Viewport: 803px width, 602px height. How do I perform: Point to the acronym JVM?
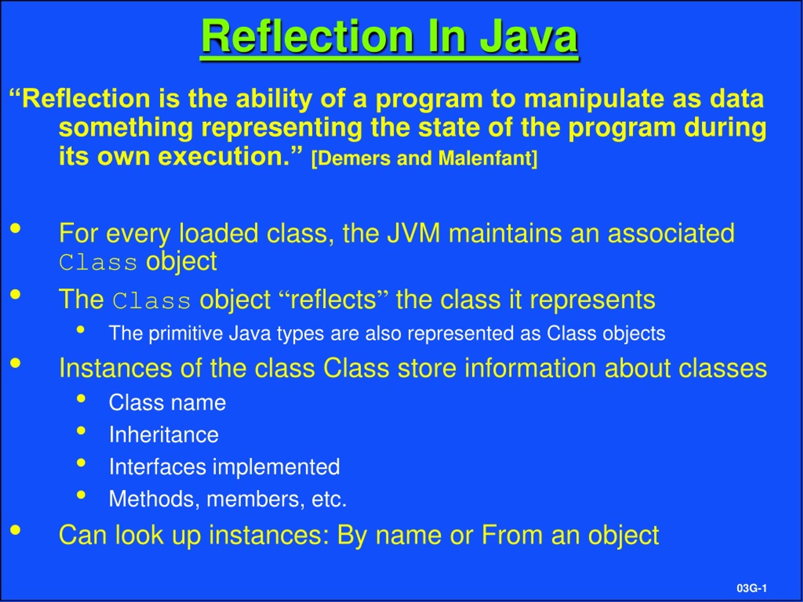[413, 233]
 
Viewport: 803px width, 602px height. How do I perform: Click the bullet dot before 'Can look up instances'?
[15, 530]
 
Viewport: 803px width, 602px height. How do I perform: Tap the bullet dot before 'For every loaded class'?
[15, 228]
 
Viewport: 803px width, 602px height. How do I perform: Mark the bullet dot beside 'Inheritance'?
[81, 431]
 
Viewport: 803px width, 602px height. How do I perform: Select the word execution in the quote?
[224, 156]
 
